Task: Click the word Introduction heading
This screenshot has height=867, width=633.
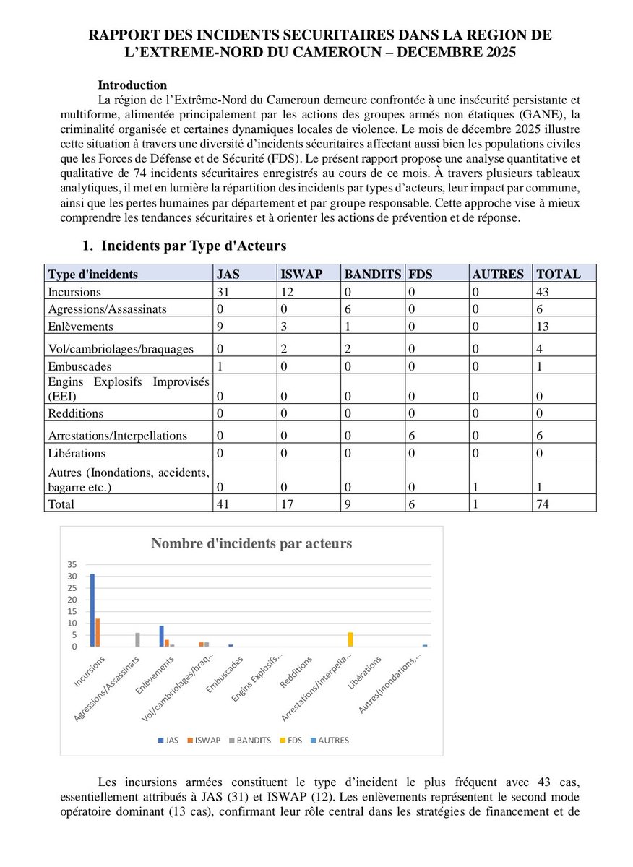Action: click(132, 85)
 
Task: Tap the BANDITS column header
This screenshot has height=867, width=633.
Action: click(372, 275)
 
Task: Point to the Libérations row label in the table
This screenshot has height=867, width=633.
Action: click(77, 454)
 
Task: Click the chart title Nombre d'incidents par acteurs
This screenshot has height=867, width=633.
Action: click(251, 544)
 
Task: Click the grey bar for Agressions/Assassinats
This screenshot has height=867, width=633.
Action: click(137, 639)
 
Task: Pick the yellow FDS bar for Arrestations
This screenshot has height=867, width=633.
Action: click(350, 639)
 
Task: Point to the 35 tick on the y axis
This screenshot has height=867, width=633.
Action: click(72, 564)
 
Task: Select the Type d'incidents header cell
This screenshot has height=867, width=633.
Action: click(92, 275)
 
